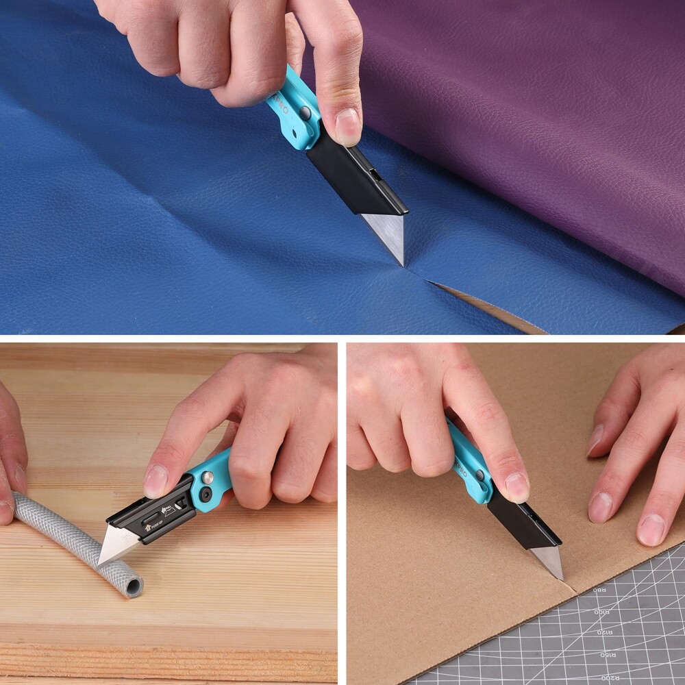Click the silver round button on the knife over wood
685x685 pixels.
pyautogui.click(x=207, y=477)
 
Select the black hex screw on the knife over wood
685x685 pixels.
pyautogui.click(x=205, y=495)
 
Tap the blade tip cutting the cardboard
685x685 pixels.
pyautogui.click(x=560, y=577)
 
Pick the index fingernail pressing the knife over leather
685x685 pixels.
pyautogui.click(x=347, y=127)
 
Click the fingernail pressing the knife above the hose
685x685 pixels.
pyautogui.click(x=155, y=482)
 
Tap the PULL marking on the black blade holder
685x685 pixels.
pyautogui.click(x=167, y=508)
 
